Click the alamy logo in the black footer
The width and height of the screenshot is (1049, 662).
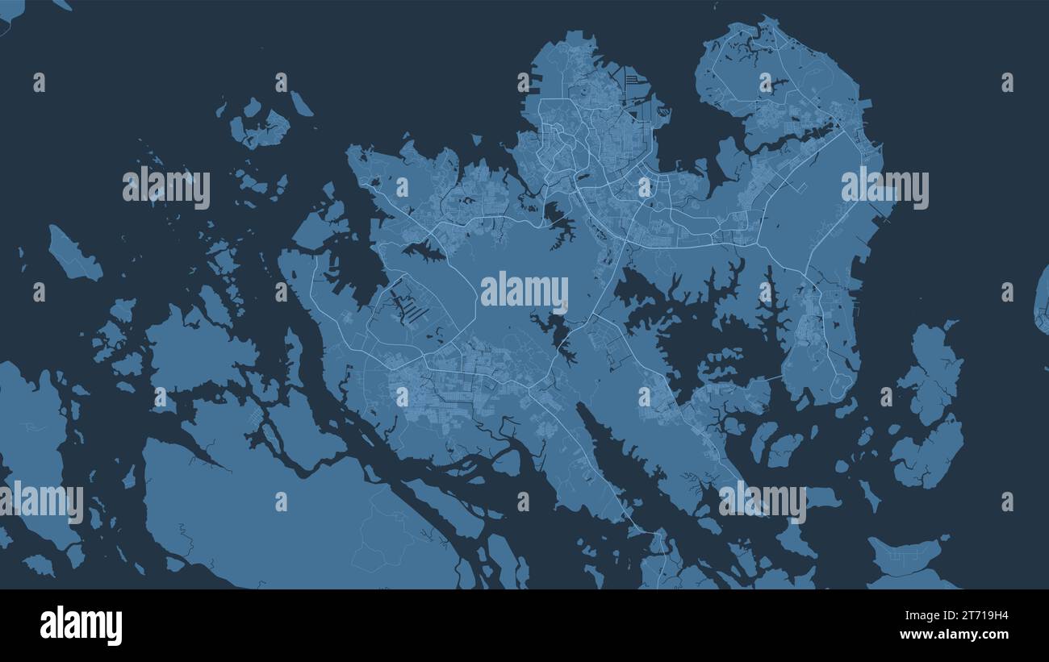point(81,626)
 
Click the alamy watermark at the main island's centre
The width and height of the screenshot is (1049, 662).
point(524,292)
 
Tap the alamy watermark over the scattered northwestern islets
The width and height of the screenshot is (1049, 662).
point(166,187)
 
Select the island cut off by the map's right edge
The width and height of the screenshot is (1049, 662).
point(1042,298)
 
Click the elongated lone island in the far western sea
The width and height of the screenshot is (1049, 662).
point(74,254)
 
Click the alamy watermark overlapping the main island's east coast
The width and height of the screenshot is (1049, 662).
point(884,187)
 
